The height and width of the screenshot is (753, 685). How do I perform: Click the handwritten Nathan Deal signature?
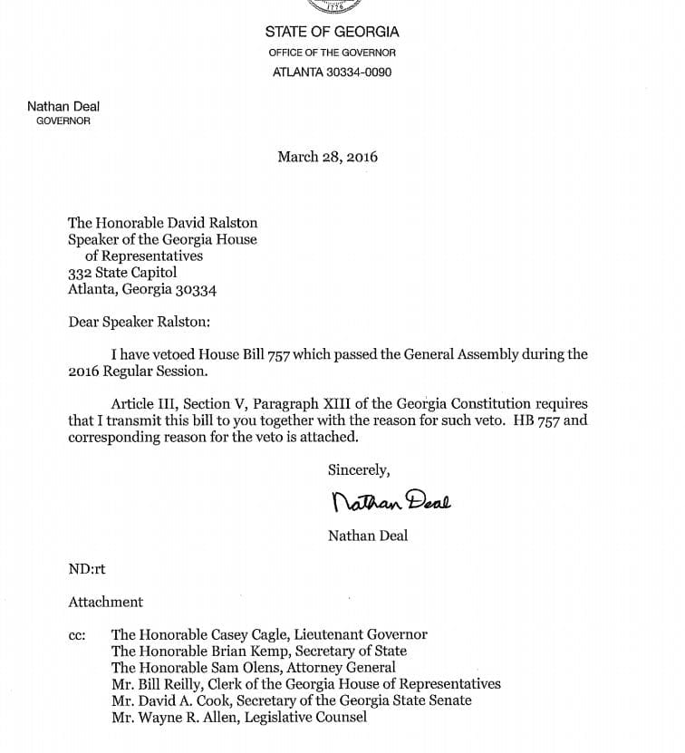click(391, 499)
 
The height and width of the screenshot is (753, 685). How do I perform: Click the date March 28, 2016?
click(327, 157)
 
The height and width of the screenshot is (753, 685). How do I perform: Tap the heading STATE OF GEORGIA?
click(332, 32)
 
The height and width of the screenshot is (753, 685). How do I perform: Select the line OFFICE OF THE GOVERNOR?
click(332, 53)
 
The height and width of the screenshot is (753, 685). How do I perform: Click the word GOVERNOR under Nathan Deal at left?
click(63, 121)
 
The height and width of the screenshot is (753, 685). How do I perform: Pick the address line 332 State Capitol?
click(122, 273)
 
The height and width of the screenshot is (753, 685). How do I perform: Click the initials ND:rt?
click(87, 569)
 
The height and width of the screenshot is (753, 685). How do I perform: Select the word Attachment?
click(105, 602)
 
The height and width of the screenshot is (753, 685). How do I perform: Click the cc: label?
click(77, 635)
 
